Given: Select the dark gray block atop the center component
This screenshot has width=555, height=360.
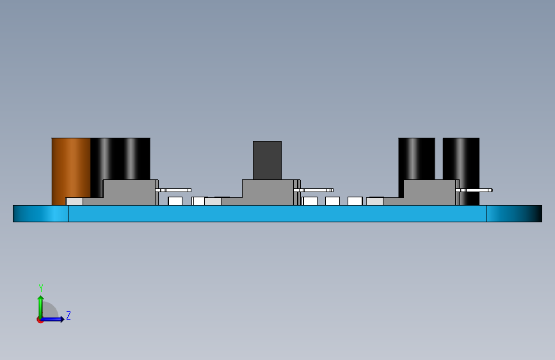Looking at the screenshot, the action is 267,160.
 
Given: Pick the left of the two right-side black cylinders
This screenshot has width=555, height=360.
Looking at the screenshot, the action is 416,158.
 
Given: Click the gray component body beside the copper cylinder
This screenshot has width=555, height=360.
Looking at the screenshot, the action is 130,192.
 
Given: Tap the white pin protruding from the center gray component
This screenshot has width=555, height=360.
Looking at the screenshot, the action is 318,190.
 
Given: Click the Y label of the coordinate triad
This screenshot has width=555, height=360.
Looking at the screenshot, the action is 41,288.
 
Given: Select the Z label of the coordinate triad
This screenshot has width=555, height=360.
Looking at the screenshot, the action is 68,315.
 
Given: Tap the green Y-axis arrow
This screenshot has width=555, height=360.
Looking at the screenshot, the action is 40,304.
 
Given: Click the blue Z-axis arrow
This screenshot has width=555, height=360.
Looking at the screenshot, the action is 54,319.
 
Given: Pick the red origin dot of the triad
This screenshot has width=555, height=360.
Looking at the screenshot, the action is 40,320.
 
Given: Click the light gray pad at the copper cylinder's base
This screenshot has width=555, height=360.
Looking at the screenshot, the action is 74,201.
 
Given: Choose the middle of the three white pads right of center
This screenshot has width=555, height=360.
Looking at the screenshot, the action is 332,201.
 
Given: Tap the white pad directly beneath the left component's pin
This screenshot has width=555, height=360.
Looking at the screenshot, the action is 175,201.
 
